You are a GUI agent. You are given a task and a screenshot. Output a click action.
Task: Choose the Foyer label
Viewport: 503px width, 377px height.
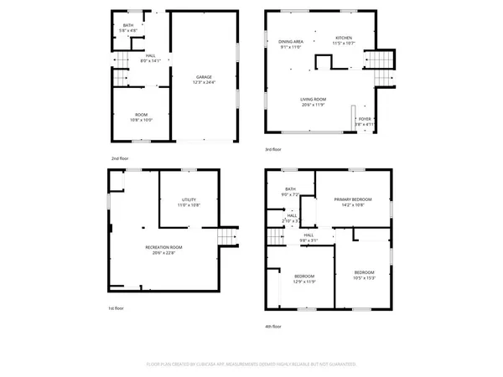(364, 121)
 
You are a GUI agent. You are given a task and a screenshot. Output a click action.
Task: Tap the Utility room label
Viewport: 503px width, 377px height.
(188, 202)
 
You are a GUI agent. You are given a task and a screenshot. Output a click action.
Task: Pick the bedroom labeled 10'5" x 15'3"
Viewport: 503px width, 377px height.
(364, 275)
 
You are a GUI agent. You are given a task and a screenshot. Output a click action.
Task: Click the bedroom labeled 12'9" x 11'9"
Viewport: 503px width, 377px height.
(303, 279)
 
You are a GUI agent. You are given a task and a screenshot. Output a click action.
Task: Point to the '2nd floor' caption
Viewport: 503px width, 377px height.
(120, 158)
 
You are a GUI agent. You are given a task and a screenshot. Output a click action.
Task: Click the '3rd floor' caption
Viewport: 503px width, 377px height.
(273, 149)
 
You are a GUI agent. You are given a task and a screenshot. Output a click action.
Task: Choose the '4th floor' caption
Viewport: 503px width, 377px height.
(273, 326)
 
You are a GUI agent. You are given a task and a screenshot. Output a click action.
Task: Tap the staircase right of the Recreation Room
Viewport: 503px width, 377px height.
(226, 237)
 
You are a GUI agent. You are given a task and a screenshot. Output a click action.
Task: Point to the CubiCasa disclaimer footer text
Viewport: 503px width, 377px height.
(251, 364)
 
